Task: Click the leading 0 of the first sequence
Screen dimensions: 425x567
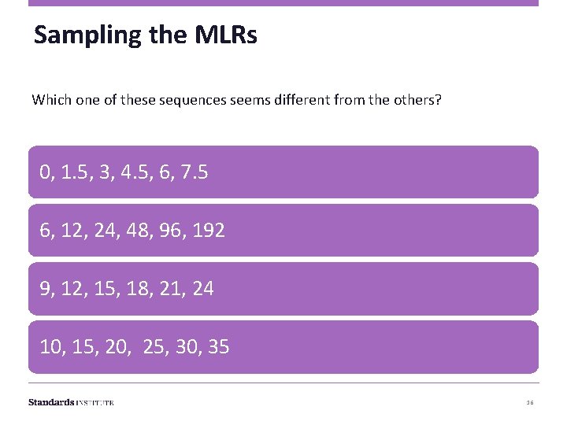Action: pyautogui.click(x=46, y=172)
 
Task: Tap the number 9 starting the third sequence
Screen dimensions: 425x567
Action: pyautogui.click(x=46, y=289)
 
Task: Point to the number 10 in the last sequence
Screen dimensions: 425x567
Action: pyautogui.click(x=51, y=347)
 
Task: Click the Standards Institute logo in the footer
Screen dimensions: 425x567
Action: pyautogui.click(x=71, y=402)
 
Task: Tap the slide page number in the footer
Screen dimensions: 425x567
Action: pyautogui.click(x=530, y=402)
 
